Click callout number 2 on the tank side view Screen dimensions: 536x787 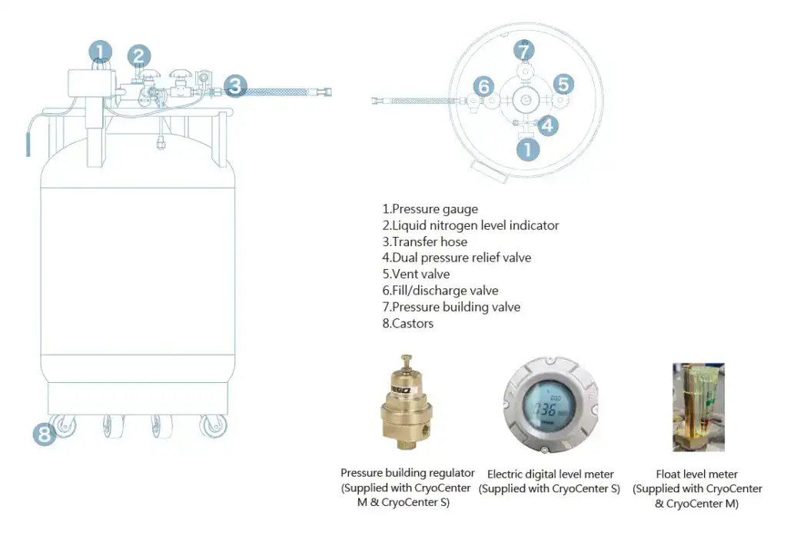(138, 55)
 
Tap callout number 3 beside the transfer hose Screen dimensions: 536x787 (236, 85)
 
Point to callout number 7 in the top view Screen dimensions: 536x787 (524, 52)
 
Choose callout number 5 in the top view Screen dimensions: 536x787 (563, 84)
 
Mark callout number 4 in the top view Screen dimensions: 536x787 (547, 125)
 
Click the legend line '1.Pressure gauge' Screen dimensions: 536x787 (430, 209)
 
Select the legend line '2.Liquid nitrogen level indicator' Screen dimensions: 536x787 (470, 225)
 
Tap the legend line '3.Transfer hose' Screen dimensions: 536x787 (424, 241)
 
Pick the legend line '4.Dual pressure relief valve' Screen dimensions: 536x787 (457, 258)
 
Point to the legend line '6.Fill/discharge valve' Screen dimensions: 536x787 (440, 291)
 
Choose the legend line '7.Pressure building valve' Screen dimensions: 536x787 (451, 307)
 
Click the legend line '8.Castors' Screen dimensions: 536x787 (407, 324)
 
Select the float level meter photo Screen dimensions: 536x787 (698, 407)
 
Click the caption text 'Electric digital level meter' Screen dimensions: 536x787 (550, 474)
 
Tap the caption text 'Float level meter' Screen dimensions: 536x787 (697, 474)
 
